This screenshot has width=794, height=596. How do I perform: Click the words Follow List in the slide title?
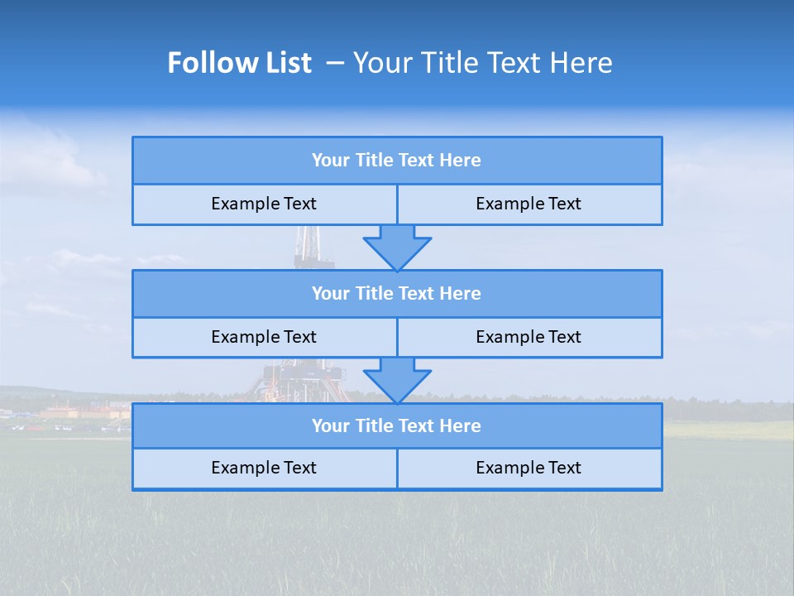[239, 63]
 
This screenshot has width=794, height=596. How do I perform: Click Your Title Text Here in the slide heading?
[482, 63]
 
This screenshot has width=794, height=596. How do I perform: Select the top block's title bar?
[397, 161]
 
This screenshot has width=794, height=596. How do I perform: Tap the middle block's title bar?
[397, 293]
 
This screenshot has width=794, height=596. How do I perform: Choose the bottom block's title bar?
[397, 425]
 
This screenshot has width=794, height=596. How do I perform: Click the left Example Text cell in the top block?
[264, 204]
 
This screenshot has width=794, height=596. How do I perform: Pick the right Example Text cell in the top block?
[529, 204]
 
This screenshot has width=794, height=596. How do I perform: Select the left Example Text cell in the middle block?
[264, 337]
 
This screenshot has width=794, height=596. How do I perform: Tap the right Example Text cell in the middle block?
[529, 337]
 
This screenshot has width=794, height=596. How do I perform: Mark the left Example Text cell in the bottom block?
[264, 468]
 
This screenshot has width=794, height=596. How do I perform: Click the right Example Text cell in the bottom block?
[529, 468]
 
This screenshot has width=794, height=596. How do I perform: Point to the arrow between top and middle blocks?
[397, 248]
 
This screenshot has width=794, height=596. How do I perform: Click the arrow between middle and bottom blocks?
[397, 381]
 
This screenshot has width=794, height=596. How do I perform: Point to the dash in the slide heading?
[336, 63]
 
